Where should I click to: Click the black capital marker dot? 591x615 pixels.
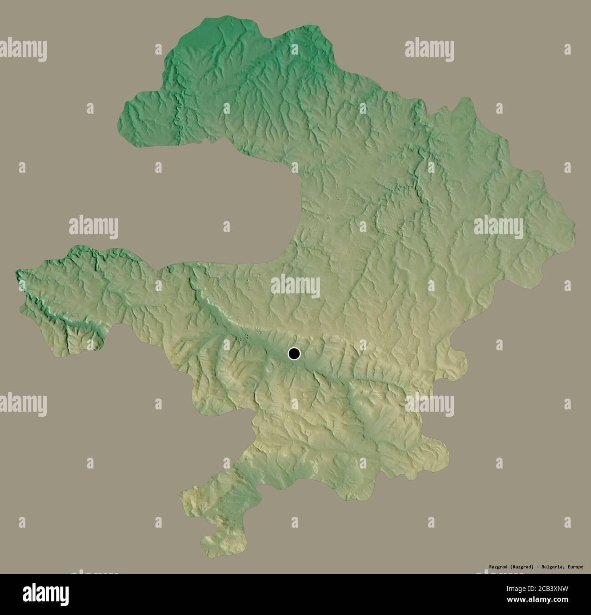pos(294,353)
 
